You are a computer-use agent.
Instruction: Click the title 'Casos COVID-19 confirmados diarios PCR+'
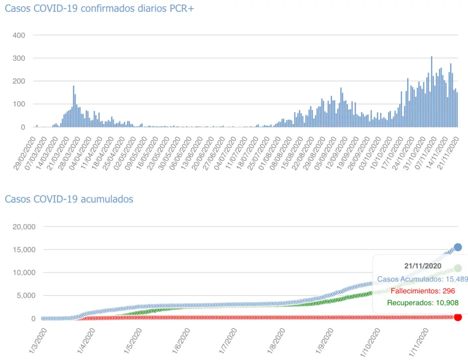[99, 9]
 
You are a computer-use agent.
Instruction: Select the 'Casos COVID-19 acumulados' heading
[69, 199]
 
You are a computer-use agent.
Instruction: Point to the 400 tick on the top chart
[20, 35]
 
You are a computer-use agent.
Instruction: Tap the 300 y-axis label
[20, 58]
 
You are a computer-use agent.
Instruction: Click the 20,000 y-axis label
[23, 226]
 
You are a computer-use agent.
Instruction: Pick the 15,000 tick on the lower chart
[23, 249]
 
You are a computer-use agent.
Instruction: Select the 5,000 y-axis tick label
[25, 295]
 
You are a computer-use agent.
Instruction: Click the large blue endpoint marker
[457, 247]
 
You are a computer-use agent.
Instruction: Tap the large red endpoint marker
[457, 317]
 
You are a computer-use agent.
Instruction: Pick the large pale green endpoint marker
[457, 268]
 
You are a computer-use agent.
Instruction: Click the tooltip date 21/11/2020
[422, 266]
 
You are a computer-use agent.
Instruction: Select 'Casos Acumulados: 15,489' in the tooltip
[422, 278]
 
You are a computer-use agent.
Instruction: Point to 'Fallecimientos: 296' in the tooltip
[422, 290]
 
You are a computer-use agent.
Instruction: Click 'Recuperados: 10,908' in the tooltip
[422, 302]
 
